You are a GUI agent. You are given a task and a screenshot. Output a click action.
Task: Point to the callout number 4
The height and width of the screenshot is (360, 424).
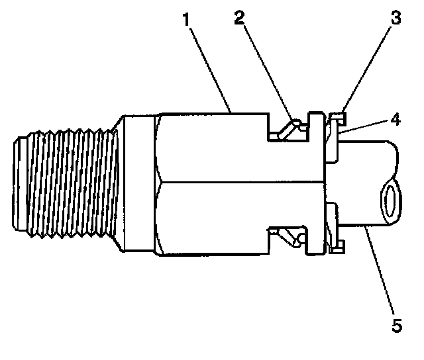click(x=395, y=120)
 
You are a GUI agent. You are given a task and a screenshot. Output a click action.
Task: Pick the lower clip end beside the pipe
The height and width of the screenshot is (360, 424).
click(x=336, y=246)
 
